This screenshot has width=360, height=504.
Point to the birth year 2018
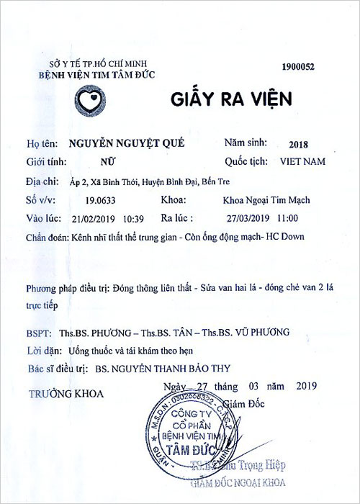pos(296,143)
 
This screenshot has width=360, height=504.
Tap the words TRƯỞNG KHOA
pos(66,394)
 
